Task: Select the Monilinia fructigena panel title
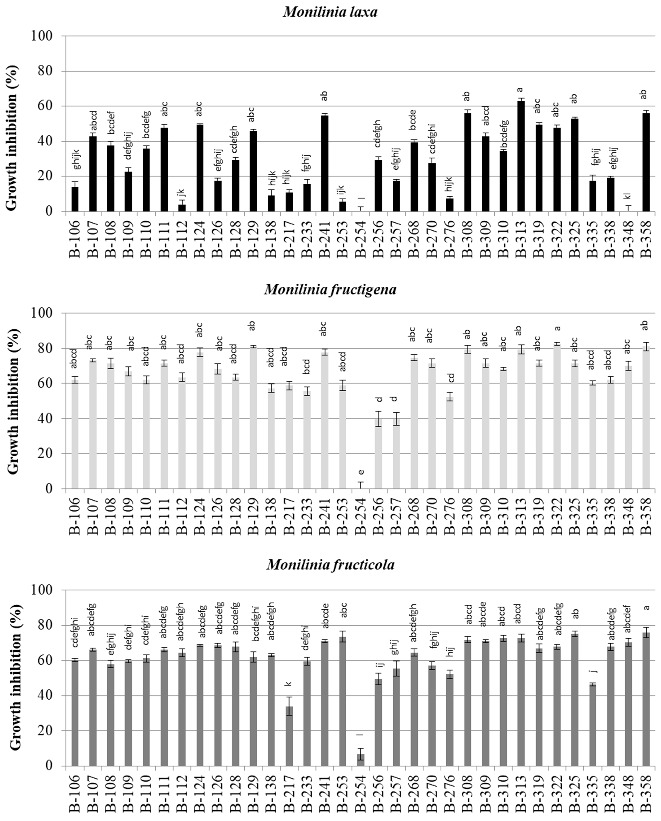pyautogui.click(x=330, y=289)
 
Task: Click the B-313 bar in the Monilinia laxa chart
pyautogui.click(x=521, y=156)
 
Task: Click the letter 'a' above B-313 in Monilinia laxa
pyautogui.click(x=520, y=90)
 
